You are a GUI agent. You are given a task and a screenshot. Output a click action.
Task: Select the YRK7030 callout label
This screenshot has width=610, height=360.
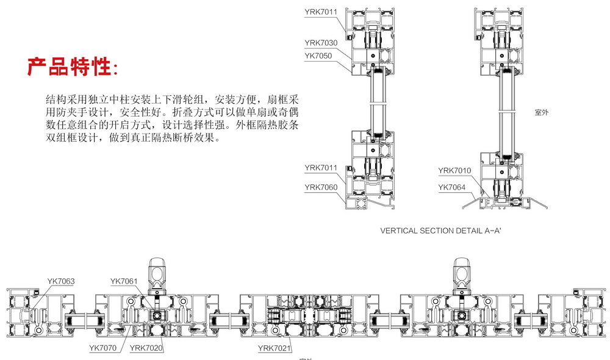pos(320,43)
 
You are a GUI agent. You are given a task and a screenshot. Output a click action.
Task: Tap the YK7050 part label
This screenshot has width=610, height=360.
pos(318,56)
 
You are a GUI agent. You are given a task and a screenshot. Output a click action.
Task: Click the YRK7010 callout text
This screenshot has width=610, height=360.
pos(454,170)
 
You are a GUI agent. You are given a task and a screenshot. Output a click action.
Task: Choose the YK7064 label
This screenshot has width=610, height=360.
pos(452,187)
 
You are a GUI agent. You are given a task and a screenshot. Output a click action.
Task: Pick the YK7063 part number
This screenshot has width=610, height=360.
pos(61,281)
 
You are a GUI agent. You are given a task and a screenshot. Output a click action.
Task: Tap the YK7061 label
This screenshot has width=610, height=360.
pos(124,281)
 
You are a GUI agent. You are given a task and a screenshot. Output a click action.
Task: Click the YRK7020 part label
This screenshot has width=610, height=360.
pos(146,348)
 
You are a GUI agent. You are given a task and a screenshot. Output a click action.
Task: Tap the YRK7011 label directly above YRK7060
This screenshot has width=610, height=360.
pos(320,167)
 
